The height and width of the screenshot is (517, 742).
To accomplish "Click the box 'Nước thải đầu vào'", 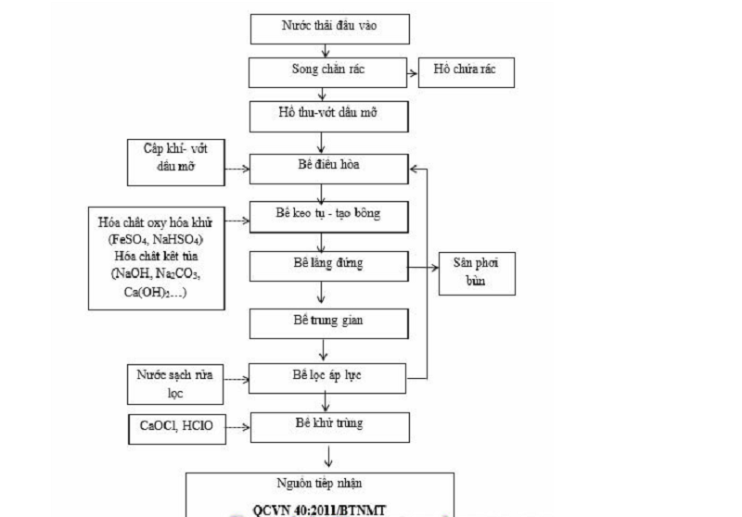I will [329, 28].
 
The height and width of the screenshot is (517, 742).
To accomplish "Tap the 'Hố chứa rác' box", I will [466, 70].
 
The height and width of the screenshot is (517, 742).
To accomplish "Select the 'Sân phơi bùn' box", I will [477, 271].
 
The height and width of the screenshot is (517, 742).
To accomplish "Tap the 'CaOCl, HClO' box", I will [173, 428].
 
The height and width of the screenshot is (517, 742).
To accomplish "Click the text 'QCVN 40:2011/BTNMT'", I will [321, 508].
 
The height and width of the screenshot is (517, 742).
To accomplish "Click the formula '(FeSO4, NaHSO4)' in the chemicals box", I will [155, 238].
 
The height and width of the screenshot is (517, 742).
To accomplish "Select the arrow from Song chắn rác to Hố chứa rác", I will [413, 70].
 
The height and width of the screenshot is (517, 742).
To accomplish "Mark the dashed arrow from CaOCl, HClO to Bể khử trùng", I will [236, 427].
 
